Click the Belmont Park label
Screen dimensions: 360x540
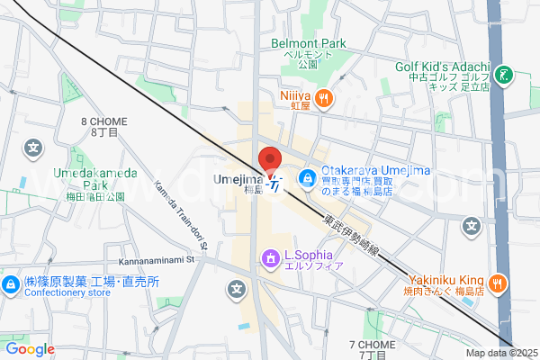click(309, 42)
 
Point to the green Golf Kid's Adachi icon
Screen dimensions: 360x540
click(504, 75)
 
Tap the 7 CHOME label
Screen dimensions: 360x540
click(372, 345)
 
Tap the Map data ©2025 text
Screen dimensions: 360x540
click(500, 352)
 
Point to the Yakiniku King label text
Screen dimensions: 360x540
click(440, 279)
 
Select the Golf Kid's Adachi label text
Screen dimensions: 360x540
click(441, 67)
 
